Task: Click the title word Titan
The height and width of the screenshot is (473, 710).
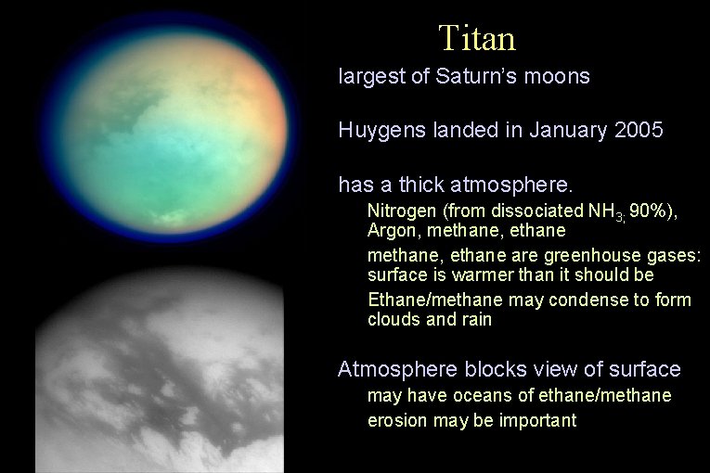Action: click(x=477, y=38)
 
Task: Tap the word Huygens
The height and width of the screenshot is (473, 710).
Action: click(x=382, y=131)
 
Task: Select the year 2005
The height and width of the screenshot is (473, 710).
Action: click(x=639, y=130)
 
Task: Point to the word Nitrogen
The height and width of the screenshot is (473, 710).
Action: click(x=401, y=211)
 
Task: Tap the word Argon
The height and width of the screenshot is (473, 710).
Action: click(x=391, y=229)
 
